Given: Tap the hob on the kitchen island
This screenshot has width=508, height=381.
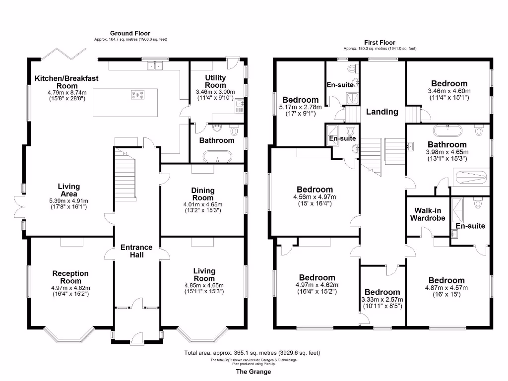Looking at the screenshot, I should tap(137, 94).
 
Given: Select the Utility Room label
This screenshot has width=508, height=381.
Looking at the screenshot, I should tap(215, 81).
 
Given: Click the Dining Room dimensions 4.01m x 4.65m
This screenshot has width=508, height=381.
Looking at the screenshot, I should tap(202, 204).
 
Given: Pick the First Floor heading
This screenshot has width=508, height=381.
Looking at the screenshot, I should tap(380, 43).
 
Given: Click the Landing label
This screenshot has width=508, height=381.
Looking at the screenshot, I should tap(382, 112).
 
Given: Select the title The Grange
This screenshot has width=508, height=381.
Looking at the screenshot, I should tap(254, 372).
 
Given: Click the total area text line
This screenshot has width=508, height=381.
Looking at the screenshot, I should tap(253, 353).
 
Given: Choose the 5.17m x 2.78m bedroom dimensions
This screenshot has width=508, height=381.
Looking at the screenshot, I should tap(301, 107).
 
